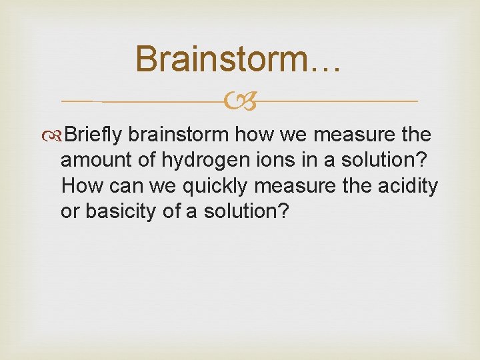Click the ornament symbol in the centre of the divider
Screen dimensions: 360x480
[x=240, y=101]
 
